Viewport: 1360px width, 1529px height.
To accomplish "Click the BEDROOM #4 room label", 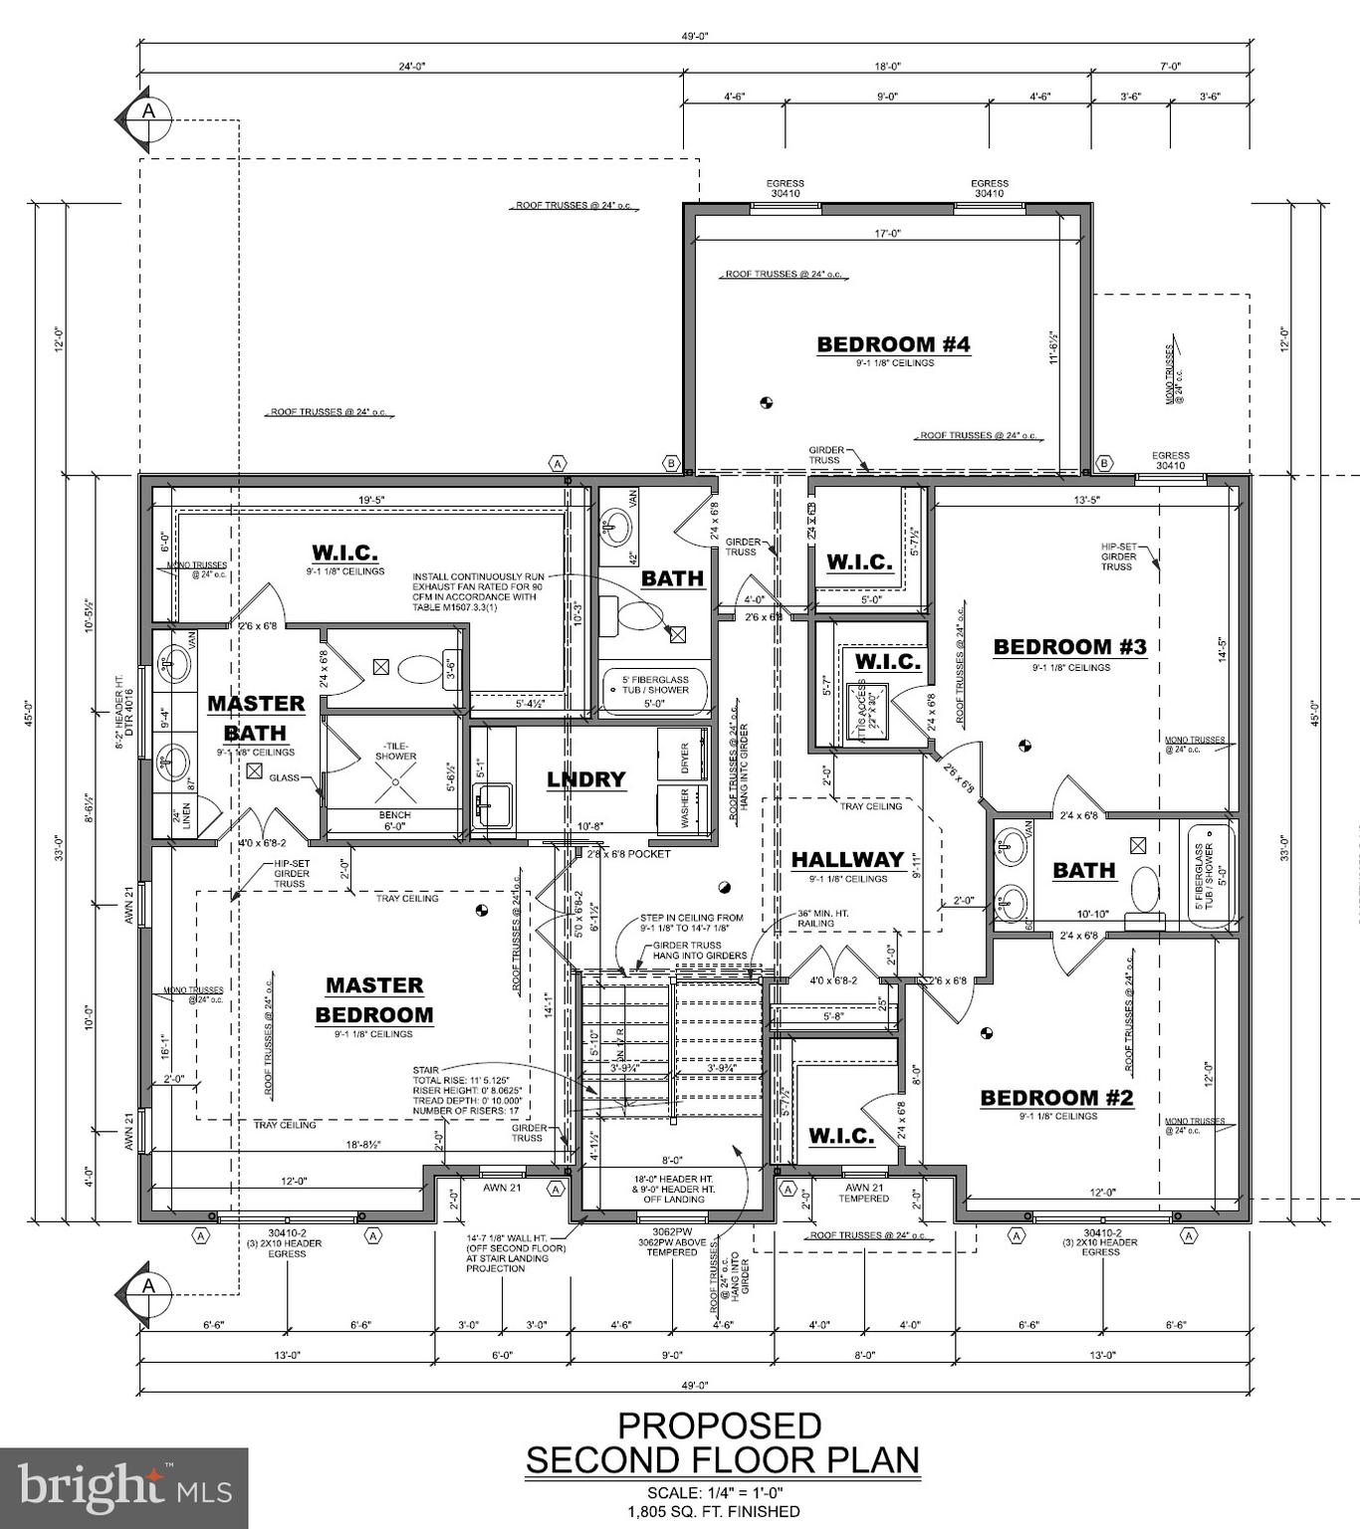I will (x=892, y=344).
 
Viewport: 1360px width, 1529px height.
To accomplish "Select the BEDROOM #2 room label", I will (x=1056, y=1098).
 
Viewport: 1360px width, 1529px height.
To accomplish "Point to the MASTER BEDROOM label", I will (x=374, y=999).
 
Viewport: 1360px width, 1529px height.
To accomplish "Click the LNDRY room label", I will (x=585, y=779).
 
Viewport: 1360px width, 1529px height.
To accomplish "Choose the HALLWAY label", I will (x=847, y=859).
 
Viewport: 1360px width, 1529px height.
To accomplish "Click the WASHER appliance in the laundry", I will (x=684, y=805).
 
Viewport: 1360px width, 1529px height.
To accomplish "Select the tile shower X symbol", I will (x=395, y=786).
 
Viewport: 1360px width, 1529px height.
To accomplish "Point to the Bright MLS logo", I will (x=123, y=1488).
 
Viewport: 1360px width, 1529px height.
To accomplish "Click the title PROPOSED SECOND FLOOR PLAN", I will (x=722, y=1442).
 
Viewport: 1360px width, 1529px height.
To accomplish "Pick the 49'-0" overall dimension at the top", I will (x=694, y=36).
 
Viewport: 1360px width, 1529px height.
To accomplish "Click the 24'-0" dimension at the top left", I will (x=412, y=66).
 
